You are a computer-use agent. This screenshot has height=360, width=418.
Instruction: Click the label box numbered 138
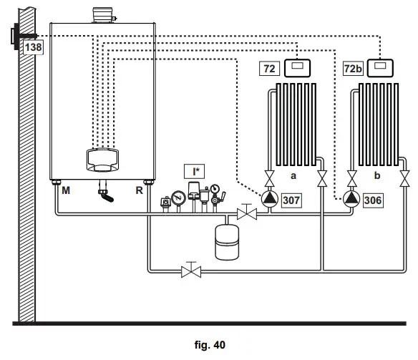coord(34,48)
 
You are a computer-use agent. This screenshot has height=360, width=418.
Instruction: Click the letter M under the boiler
coord(66,191)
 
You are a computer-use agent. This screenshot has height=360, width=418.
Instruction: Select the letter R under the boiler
coord(139,191)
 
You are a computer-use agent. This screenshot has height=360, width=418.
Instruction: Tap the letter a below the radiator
coord(293,175)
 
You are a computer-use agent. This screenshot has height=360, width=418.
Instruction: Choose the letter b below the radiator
coord(376,175)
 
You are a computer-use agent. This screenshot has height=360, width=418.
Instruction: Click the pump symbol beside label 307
coord(268,200)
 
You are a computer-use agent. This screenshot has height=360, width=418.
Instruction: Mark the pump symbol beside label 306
coord(351,200)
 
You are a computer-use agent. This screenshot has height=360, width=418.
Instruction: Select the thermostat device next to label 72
coord(298,69)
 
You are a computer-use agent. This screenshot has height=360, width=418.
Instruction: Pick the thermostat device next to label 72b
coord(384,69)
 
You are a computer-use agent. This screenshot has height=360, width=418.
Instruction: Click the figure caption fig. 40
coord(210,345)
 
